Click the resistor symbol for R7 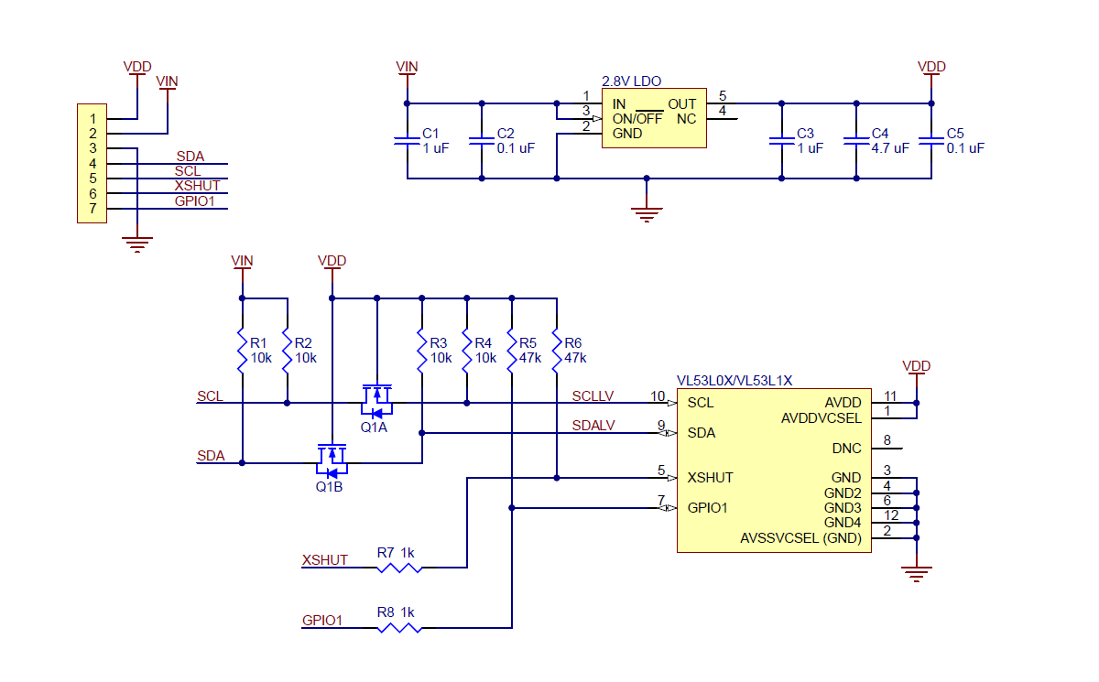(399, 568)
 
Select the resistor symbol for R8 (399, 628)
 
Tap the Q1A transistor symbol (375, 395)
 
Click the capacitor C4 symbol (855, 140)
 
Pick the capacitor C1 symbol (407, 140)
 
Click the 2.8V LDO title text (631, 81)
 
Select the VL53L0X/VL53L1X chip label (734, 380)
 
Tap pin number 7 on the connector (92, 209)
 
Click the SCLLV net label (593, 395)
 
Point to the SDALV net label (593, 426)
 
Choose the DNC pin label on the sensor (846, 449)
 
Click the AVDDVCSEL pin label (821, 417)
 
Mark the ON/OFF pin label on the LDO (637, 119)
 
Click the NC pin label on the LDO (686, 119)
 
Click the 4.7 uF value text (890, 148)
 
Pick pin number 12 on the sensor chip (890, 515)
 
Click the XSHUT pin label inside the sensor (711, 478)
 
